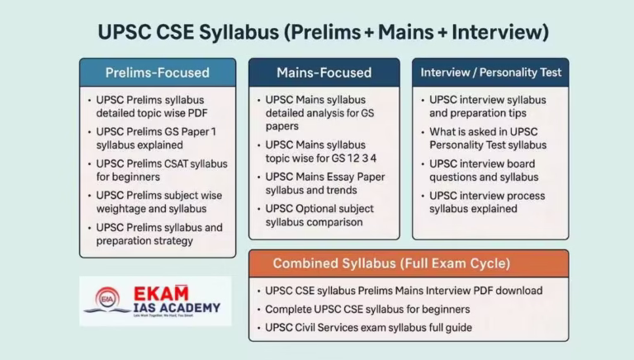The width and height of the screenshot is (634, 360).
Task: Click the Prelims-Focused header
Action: click(x=157, y=72)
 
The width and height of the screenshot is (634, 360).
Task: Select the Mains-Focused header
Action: click(x=323, y=72)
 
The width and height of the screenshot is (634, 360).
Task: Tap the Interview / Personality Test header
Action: click(x=490, y=72)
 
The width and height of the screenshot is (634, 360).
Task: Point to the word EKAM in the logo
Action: click(x=161, y=294)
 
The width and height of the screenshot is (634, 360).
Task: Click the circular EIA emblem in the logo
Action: click(x=106, y=299)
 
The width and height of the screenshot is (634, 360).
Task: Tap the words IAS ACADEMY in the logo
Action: click(x=177, y=309)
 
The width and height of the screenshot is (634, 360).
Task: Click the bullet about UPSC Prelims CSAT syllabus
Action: click(x=161, y=170)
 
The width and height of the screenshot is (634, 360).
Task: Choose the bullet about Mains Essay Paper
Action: click(x=324, y=183)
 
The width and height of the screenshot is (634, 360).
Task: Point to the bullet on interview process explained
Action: click(x=489, y=202)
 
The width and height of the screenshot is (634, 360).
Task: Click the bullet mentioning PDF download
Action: click(x=404, y=291)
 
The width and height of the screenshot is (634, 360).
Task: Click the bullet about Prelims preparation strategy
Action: click(x=158, y=234)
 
